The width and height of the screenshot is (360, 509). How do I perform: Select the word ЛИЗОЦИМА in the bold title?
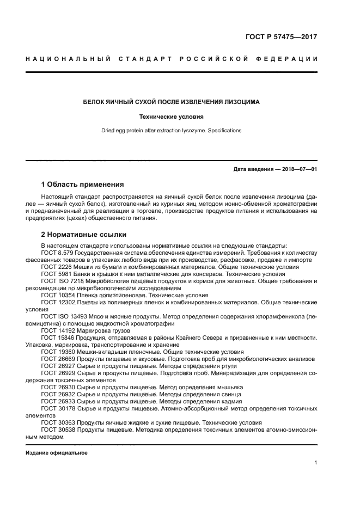point(238,102)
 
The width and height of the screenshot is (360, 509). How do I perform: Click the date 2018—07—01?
point(298,169)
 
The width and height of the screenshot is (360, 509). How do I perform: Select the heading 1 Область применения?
point(82,184)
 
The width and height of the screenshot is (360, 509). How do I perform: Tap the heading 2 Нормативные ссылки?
point(84,235)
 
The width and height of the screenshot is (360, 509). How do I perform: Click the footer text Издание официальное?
point(57,453)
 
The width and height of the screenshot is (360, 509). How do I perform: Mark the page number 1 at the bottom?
point(315,463)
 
